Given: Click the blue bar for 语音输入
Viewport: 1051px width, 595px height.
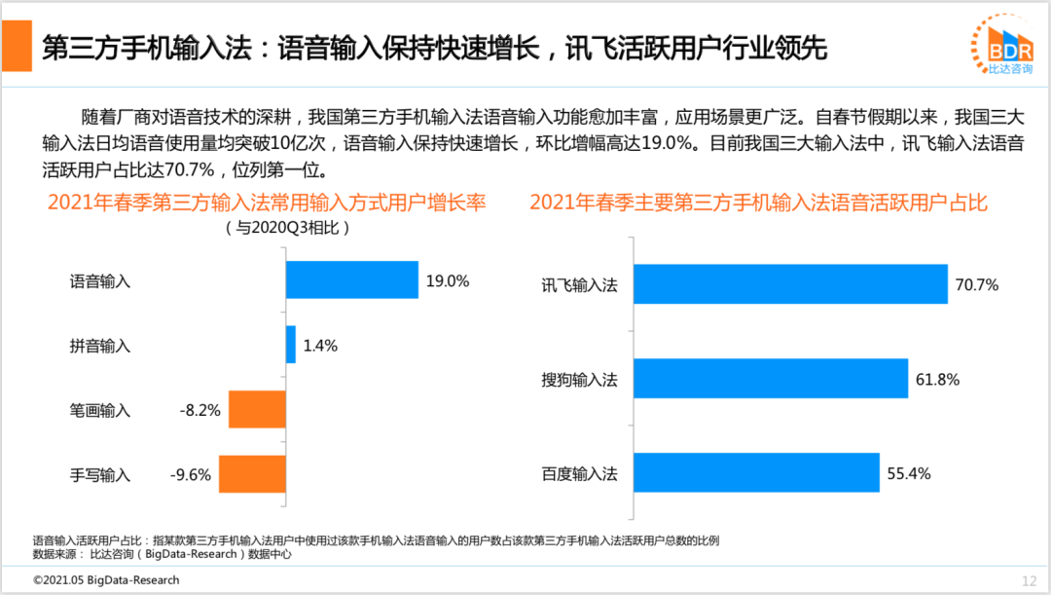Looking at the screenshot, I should click(351, 280).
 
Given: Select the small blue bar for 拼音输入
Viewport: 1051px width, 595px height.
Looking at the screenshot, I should click(290, 345).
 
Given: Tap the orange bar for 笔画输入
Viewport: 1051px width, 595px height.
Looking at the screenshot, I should click(257, 410).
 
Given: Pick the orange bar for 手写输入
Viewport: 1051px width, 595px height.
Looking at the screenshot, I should click(252, 474).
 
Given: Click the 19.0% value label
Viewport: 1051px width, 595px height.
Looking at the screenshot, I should click(448, 281).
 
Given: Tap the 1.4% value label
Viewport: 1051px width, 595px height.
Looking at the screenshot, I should click(320, 346).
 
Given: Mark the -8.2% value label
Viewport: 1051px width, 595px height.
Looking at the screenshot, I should click(200, 411).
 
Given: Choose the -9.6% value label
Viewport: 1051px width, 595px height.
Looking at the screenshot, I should click(191, 475).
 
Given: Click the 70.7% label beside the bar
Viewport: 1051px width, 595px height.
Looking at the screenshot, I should click(977, 285).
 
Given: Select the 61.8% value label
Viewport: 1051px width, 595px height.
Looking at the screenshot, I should click(937, 380).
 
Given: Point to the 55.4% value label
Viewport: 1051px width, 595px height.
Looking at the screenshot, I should click(909, 474).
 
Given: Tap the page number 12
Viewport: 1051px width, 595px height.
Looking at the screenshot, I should click(1029, 581).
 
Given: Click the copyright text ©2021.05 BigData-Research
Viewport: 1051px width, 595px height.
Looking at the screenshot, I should click(106, 580).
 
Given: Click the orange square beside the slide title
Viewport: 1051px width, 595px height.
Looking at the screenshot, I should click(17, 46).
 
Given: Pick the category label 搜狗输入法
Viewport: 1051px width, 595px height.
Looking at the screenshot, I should click(579, 380).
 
